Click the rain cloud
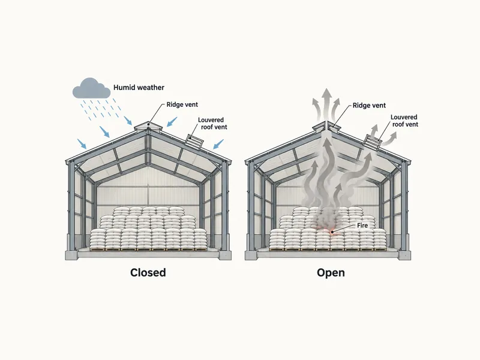91,89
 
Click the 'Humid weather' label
139,88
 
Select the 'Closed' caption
148,272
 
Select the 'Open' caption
331,272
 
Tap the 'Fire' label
362,226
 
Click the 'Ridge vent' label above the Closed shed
182,104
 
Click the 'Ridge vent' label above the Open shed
369,106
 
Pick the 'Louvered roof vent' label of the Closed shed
212,124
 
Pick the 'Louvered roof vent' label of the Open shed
404,121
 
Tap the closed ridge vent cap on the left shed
148,126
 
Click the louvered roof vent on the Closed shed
194,142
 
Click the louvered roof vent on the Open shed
373,142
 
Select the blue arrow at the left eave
82,144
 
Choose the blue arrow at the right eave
218,144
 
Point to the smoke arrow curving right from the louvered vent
389,139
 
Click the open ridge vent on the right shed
327,126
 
